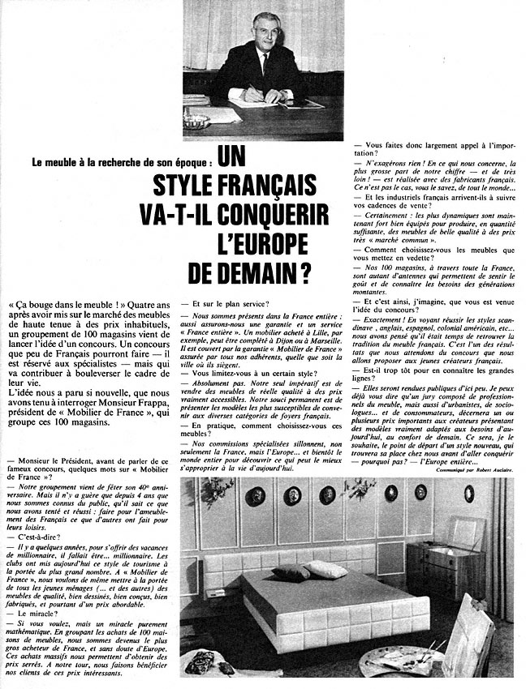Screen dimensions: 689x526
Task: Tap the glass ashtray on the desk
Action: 196,119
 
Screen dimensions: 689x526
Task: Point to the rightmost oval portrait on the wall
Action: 468,494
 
